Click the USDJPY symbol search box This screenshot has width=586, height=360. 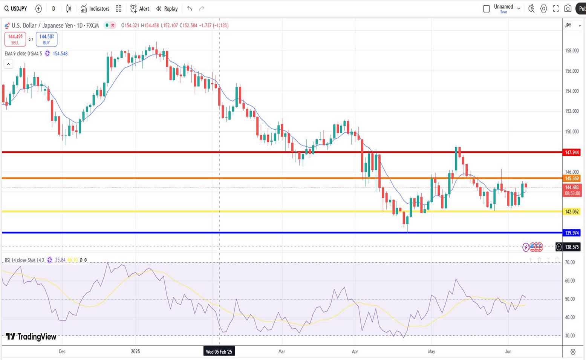16,9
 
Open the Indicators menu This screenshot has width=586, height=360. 95,9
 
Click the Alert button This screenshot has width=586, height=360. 140,9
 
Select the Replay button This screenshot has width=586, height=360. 167,9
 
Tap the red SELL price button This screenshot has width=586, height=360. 15,39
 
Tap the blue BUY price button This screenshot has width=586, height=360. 46,39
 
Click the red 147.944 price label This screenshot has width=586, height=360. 572,152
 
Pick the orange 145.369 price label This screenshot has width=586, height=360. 572,178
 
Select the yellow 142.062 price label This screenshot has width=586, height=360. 572,211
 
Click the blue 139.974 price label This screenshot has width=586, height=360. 572,233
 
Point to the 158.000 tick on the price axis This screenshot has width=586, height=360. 572,51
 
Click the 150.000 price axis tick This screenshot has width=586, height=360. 572,132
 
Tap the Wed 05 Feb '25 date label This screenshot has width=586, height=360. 219,352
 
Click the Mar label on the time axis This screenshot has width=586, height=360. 282,352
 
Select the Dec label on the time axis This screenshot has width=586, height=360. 62,352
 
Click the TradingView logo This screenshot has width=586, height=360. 31,337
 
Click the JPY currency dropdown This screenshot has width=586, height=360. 572,26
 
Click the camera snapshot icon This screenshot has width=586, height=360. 568,9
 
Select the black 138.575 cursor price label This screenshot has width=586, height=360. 572,247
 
